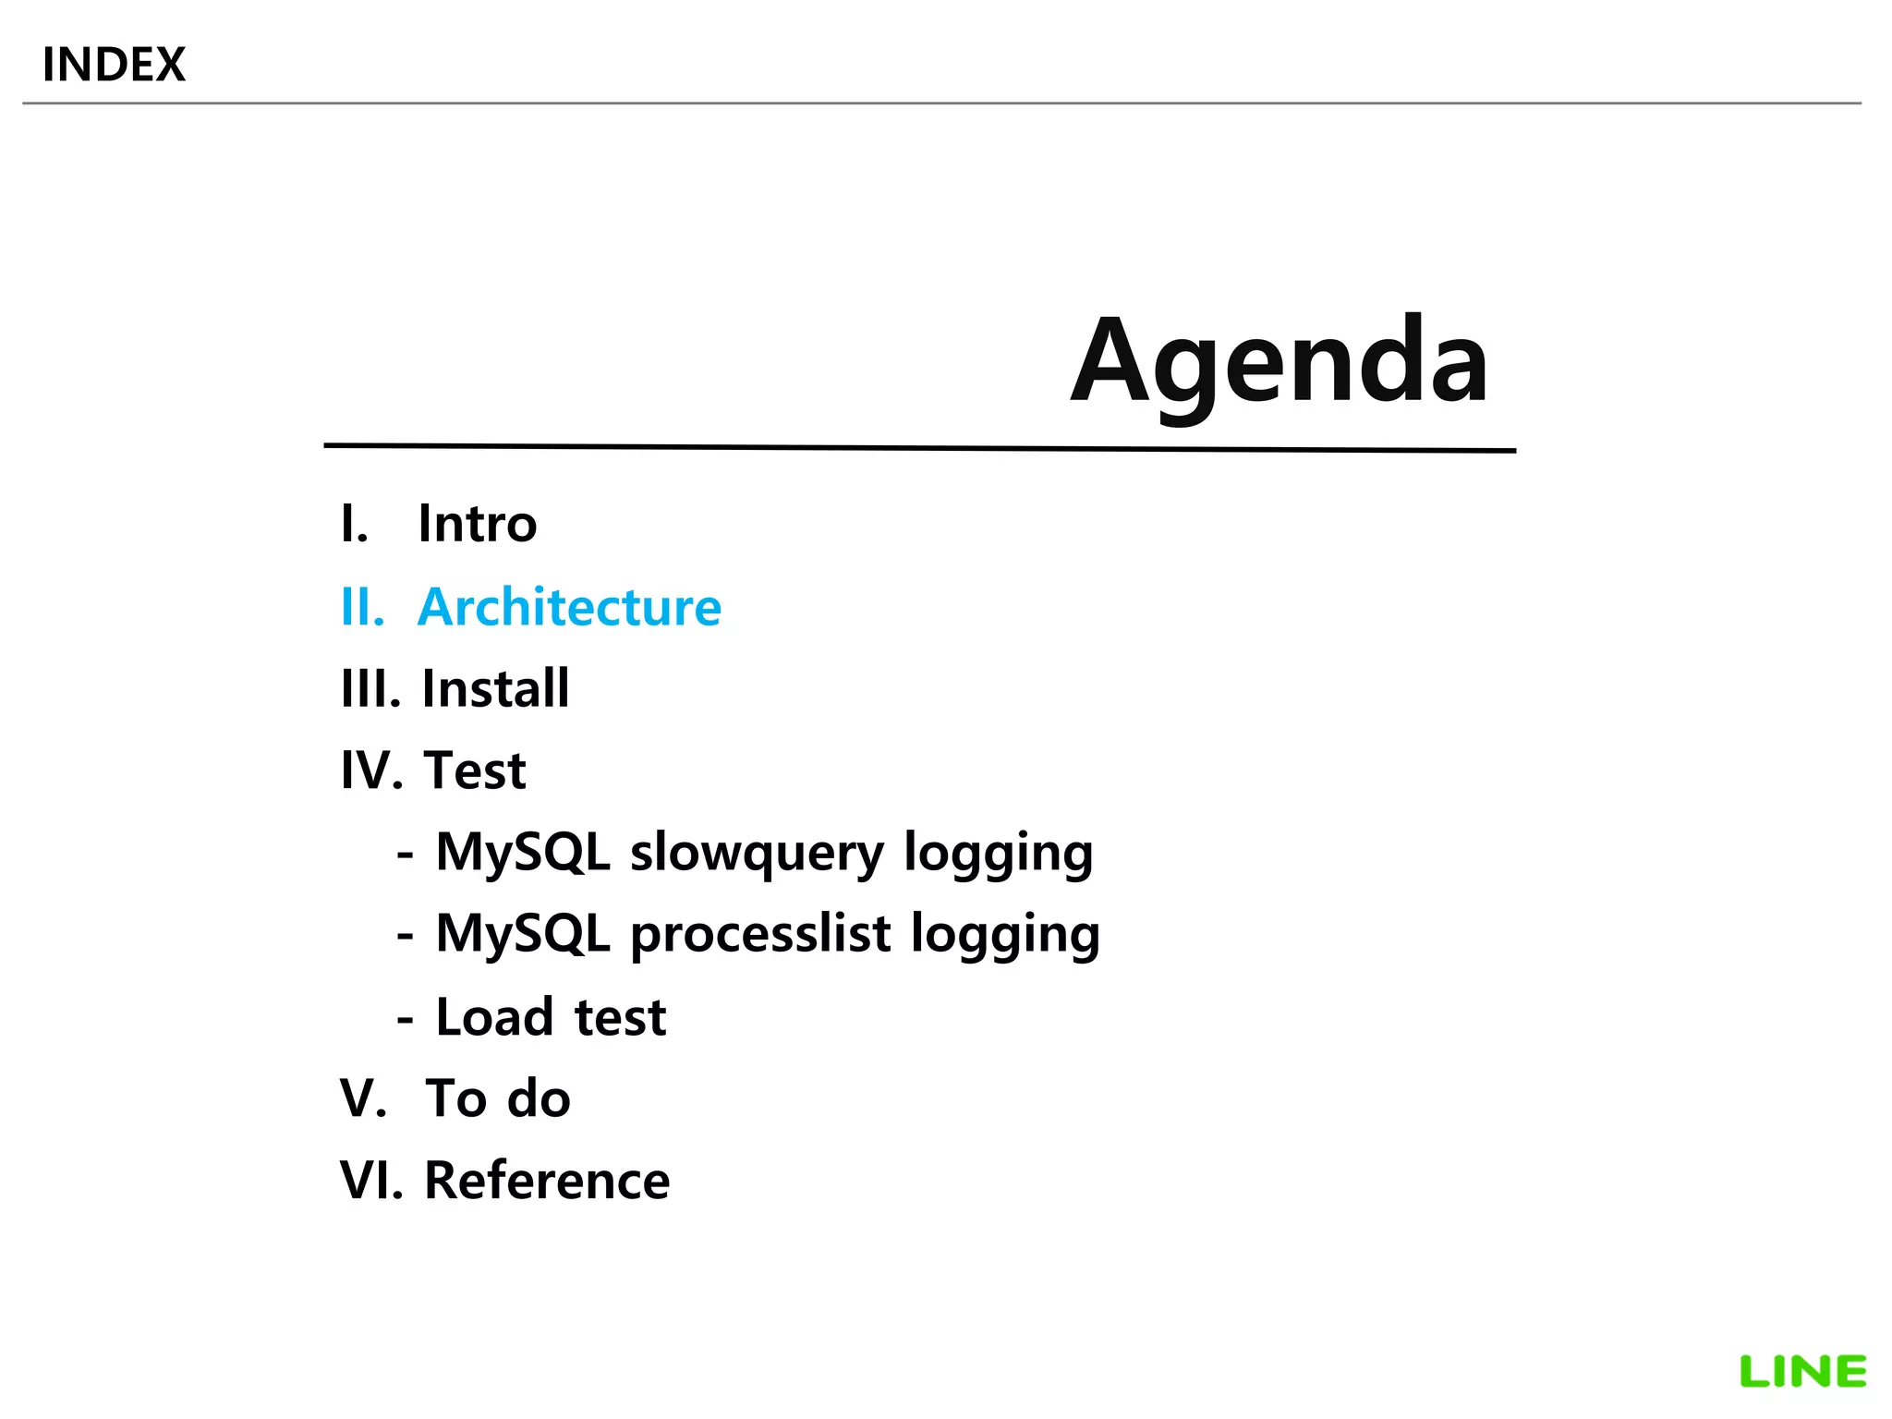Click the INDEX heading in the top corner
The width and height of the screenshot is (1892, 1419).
[114, 65]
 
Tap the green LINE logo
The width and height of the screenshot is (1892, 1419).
[1802, 1372]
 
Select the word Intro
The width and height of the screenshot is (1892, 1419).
[477, 524]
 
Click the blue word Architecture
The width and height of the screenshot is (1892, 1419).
[569, 607]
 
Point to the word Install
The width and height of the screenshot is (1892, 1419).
[495, 688]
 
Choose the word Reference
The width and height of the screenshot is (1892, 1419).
[547, 1181]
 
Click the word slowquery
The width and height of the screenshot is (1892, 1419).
[757, 852]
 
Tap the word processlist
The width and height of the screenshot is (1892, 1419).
[760, 934]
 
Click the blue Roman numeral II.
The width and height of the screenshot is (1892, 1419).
[362, 607]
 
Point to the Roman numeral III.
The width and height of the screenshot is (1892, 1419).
[370, 688]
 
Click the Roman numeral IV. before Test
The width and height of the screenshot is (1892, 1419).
[371, 770]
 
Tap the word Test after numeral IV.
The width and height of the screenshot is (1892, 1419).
[475, 770]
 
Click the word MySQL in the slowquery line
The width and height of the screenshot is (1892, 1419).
[523, 852]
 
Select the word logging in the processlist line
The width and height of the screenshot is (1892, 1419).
[1005, 934]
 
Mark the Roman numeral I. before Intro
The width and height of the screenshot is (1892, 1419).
[354, 524]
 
